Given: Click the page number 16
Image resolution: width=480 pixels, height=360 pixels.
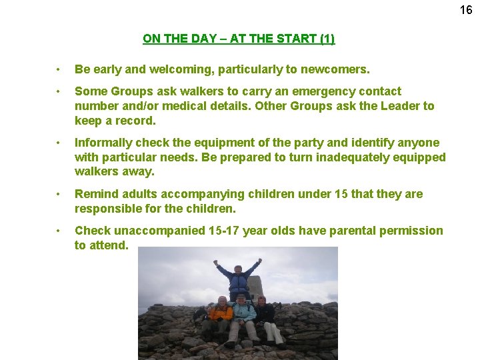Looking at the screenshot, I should point(466,10).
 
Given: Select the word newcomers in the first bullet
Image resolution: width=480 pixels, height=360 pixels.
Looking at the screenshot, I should point(339,69).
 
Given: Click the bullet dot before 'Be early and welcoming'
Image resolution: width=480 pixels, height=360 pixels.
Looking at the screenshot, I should point(59,69).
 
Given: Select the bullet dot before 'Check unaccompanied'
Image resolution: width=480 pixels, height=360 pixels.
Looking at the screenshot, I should point(59,231).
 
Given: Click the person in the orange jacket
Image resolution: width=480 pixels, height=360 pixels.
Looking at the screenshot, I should point(220,317).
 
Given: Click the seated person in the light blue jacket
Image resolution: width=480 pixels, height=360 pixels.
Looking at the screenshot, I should point(243,317).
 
